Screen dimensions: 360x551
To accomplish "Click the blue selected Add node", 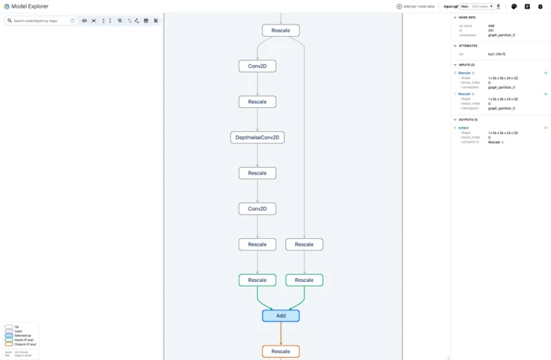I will (x=280, y=316).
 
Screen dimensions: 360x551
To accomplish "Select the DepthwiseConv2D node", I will (x=257, y=138).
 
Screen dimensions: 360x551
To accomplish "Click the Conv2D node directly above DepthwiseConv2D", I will (x=257, y=67).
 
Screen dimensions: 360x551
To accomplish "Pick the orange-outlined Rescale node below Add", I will (x=280, y=352).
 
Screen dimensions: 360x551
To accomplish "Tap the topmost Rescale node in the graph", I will (x=280, y=31).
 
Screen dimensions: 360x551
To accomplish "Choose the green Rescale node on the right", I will (x=304, y=280).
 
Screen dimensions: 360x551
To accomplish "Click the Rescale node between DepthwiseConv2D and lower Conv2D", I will (x=257, y=173).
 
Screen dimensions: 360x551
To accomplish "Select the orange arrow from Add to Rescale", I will (x=281, y=333).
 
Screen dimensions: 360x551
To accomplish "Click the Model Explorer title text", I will (x=30, y=6).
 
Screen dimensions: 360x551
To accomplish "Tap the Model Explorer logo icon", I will (x=6, y=6).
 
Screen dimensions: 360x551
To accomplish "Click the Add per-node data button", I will (x=415, y=6).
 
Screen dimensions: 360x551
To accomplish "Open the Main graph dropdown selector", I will (x=477, y=6).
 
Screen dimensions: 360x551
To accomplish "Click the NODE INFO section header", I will (x=468, y=17).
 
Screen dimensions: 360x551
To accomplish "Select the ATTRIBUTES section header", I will (x=468, y=46).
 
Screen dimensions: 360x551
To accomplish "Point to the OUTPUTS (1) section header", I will (x=468, y=119).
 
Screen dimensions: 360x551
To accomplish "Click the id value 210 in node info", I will (x=491, y=31).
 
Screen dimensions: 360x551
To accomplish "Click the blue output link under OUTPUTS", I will (x=463, y=128).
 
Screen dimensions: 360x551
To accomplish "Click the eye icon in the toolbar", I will (x=84, y=21).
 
